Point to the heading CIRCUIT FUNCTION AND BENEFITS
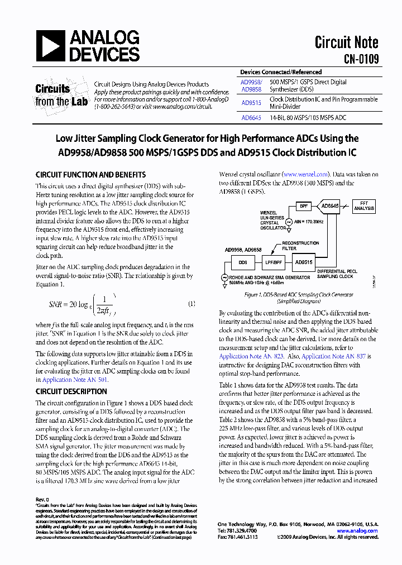90,175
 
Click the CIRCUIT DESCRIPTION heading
71,391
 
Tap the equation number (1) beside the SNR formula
191,304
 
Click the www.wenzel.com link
305,174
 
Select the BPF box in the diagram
303,207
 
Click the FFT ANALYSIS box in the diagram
364,206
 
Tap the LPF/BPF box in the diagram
273,262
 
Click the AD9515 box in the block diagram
304,261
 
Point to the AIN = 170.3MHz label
306,222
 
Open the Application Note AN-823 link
251,356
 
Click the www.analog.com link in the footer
358,530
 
